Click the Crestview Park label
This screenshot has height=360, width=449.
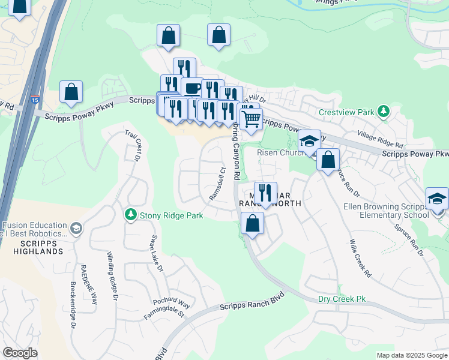[346, 112]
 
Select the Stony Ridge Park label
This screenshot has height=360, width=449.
[171, 215]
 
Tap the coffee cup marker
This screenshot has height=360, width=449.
[192, 88]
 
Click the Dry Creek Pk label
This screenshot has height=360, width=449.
[342, 299]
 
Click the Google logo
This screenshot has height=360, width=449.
[20, 353]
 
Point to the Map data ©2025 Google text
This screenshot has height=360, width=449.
[412, 355]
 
